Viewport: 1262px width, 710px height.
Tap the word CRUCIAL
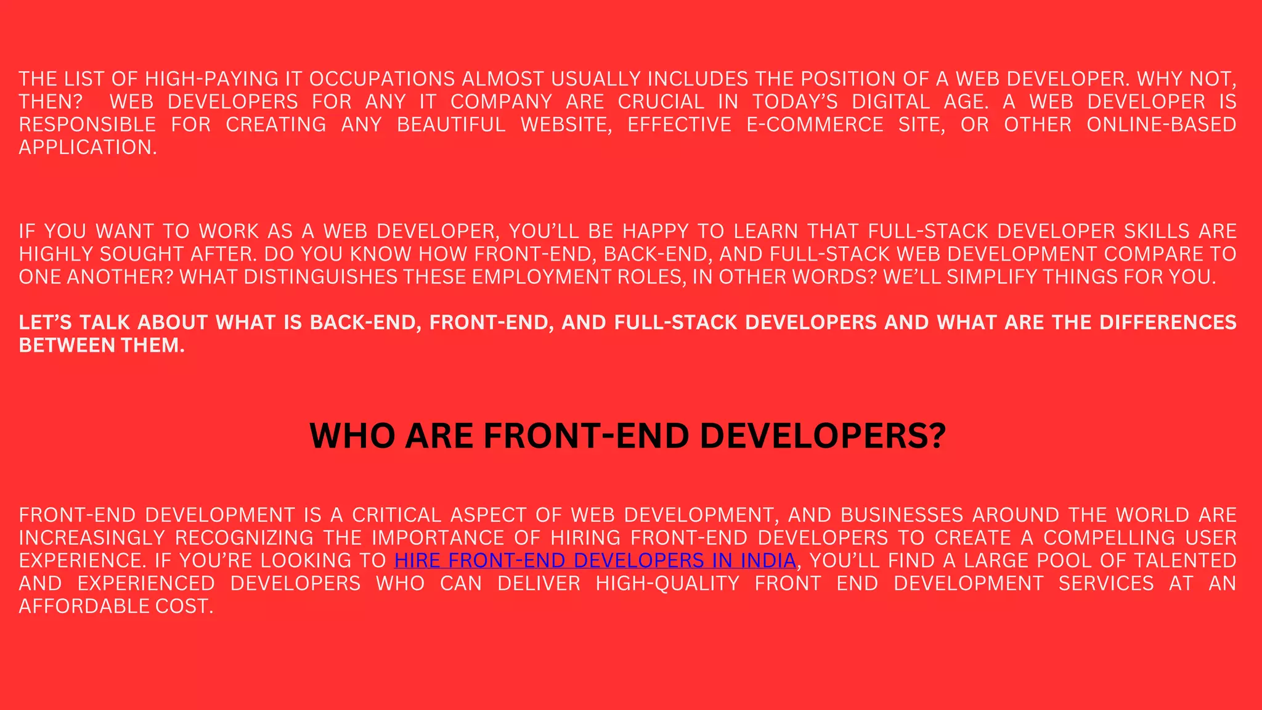(x=661, y=102)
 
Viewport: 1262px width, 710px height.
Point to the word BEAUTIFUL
(x=451, y=124)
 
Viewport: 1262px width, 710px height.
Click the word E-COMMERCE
(x=815, y=124)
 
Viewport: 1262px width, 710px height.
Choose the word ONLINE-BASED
(x=1161, y=124)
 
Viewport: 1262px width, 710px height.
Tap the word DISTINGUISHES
(x=320, y=277)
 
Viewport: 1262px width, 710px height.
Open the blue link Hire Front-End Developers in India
(x=595, y=561)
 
